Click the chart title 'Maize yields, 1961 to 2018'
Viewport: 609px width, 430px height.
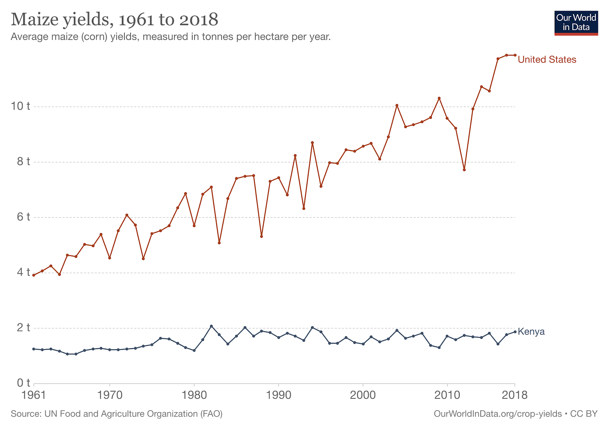[115, 19]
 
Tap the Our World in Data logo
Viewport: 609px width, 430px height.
[576, 23]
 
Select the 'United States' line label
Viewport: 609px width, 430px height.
[547, 59]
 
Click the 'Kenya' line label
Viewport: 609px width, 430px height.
[531, 332]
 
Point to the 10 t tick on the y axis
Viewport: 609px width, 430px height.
[21, 106]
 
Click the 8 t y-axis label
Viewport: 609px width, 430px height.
[23, 162]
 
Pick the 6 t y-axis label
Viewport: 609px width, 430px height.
[23, 217]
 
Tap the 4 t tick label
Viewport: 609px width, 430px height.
[23, 272]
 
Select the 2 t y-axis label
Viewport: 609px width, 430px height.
[23, 328]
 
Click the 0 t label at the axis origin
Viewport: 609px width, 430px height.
[23, 383]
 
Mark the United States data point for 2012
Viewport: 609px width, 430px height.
[464, 169]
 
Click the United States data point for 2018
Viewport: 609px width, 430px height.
[515, 55]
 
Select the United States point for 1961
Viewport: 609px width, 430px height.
[34, 275]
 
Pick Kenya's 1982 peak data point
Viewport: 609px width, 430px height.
[211, 326]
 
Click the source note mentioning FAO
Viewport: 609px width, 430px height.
[116, 414]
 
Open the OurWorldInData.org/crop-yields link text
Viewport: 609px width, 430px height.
[497, 414]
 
